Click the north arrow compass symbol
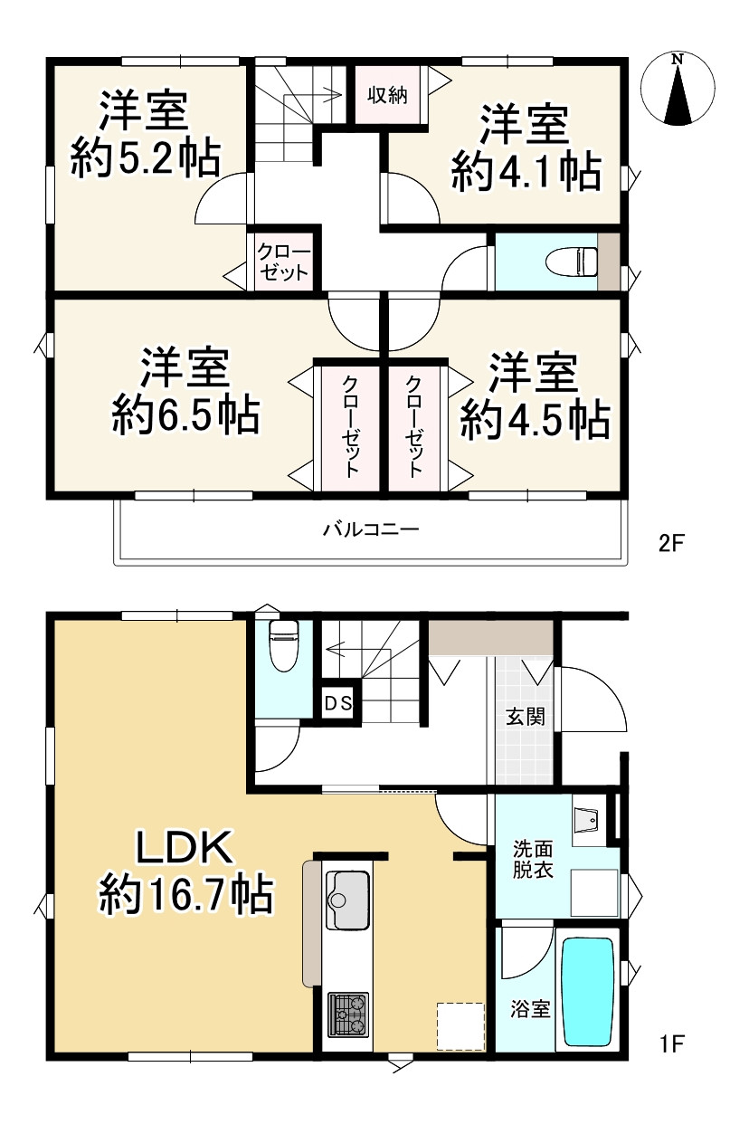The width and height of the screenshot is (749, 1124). click(678, 90)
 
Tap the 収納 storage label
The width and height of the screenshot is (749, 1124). click(387, 95)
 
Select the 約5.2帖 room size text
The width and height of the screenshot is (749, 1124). click(145, 158)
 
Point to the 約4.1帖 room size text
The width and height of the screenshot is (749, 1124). click(526, 173)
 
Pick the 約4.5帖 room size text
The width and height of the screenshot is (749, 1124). click(535, 420)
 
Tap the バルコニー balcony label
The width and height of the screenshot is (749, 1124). click(371, 529)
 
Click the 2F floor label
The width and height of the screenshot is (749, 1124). click(671, 543)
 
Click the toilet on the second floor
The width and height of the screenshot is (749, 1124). click(572, 262)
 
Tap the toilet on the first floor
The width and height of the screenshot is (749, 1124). click(283, 646)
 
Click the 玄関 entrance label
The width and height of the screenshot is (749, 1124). click(526, 717)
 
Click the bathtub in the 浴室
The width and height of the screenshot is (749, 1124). click(587, 991)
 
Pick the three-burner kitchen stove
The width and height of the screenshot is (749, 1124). click(347, 1014)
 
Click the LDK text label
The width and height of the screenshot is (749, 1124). click(185, 847)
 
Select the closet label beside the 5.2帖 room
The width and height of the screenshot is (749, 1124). click(283, 262)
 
